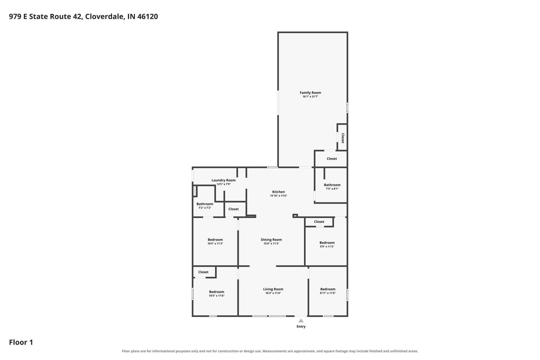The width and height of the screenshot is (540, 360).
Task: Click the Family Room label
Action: pyautogui.click(x=310, y=93)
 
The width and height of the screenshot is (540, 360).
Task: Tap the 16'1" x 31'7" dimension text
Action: pyautogui.click(x=310, y=96)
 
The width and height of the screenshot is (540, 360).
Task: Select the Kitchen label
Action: pyautogui.click(x=278, y=192)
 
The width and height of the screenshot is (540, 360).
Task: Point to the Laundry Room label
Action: pyautogui.click(x=224, y=180)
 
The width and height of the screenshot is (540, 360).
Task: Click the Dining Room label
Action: pyautogui.click(x=271, y=240)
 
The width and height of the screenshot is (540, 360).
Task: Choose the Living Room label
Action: pyautogui.click(x=273, y=289)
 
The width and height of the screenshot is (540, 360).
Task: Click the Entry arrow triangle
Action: pyautogui.click(x=301, y=321)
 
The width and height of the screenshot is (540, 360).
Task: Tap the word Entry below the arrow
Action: pyautogui.click(x=301, y=327)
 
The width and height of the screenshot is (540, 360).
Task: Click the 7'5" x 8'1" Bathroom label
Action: pyautogui.click(x=332, y=185)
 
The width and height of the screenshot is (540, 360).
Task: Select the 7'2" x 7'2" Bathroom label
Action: pyautogui.click(x=205, y=204)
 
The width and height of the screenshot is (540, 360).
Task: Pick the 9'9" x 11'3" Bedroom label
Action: pyautogui.click(x=327, y=243)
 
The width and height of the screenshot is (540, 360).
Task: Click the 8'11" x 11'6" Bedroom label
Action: pyautogui.click(x=328, y=289)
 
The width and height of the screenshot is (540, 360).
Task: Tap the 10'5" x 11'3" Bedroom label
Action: pyautogui.click(x=215, y=240)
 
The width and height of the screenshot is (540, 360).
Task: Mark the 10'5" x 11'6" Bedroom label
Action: pyautogui.click(x=217, y=292)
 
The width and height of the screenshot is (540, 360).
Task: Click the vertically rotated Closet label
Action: pyautogui.click(x=343, y=138)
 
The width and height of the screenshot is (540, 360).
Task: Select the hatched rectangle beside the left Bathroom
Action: pyautogui.click(x=194, y=191)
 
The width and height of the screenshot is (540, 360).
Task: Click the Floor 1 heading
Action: pyautogui.click(x=21, y=342)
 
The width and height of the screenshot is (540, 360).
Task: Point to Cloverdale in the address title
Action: pyautogui.click(x=104, y=16)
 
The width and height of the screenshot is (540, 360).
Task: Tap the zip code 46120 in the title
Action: pyautogui.click(x=148, y=16)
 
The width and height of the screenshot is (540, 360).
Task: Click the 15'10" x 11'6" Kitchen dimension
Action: pyautogui.click(x=278, y=196)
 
